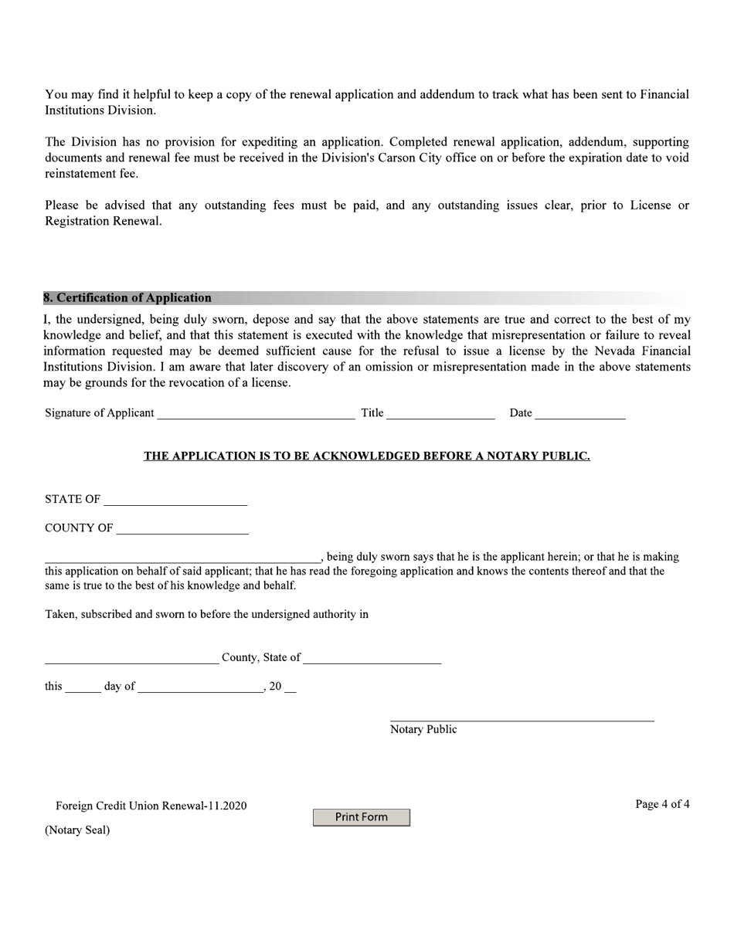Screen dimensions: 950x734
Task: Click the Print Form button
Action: click(361, 817)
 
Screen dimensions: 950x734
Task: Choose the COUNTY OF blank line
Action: click(182, 530)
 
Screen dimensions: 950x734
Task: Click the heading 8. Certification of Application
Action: click(127, 298)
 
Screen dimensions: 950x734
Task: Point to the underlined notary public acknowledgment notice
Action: click(366, 456)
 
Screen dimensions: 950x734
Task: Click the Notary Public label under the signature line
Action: click(423, 730)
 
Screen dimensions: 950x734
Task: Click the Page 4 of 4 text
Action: click(662, 805)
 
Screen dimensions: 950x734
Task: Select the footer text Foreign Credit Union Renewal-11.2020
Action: click(151, 806)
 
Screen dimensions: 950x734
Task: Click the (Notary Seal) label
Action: click(77, 830)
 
